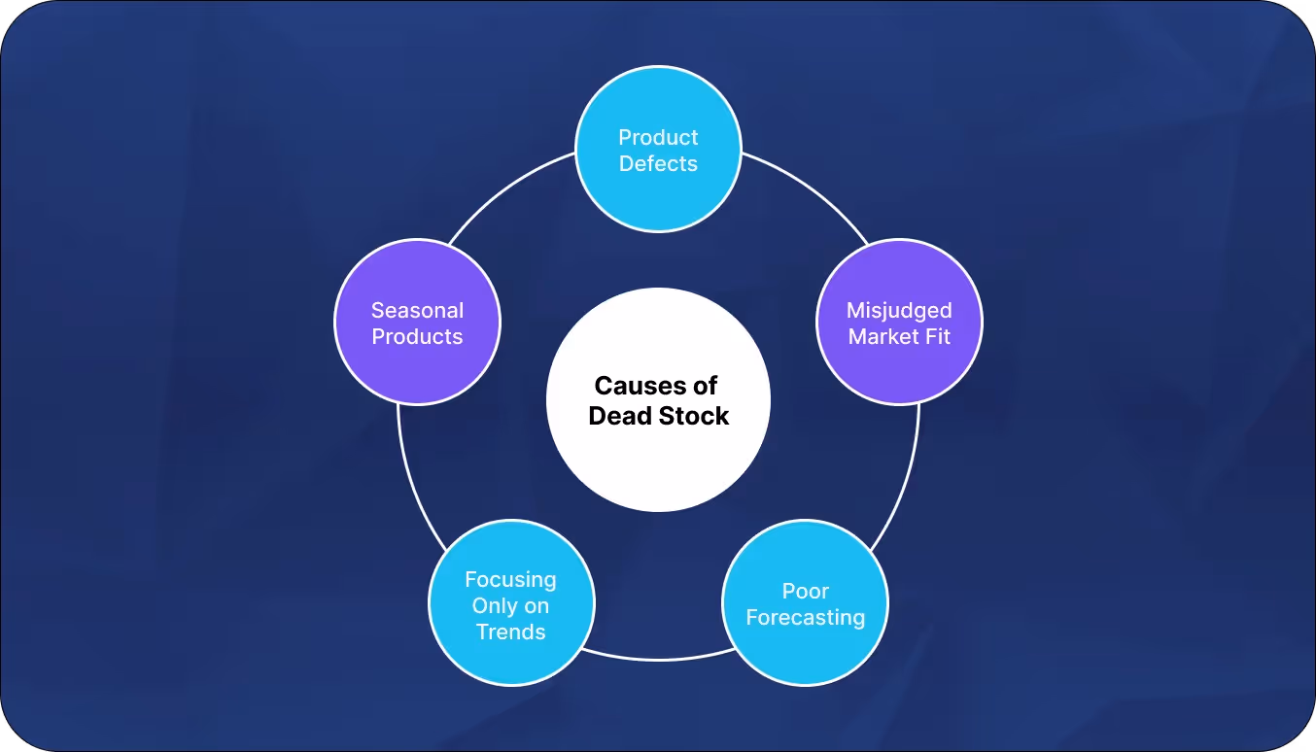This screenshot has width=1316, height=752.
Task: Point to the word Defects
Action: [658, 164]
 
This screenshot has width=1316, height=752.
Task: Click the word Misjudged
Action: [899, 311]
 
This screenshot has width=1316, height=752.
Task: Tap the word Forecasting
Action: [805, 618]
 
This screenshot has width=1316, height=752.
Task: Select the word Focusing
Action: [510, 580]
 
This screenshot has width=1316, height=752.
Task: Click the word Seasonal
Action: [417, 311]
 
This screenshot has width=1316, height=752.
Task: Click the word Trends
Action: [510, 632]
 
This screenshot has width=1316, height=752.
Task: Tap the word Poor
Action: [805, 591]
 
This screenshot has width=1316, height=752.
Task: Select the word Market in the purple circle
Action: [880, 337]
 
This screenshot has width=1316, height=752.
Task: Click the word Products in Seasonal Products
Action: [417, 337]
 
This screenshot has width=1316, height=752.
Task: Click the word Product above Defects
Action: [658, 138]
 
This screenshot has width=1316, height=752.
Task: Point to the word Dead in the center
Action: [619, 416]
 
